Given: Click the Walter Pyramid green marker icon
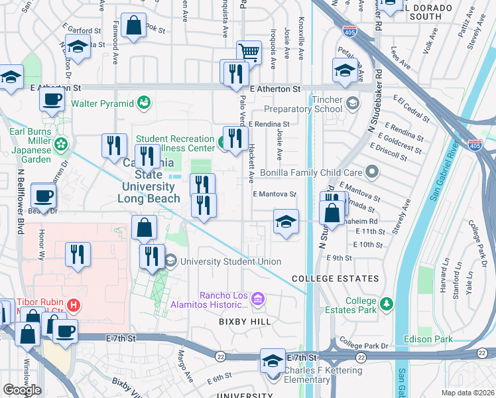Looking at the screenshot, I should [144, 103].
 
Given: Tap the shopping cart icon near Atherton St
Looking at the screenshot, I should [249, 51].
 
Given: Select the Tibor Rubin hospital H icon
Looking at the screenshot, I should [74, 306].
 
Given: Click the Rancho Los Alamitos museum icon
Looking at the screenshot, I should [257, 300].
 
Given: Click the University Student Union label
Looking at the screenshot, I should [231, 261].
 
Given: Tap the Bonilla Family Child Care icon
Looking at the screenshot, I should [372, 172].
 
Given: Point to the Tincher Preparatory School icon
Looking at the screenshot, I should [352, 101].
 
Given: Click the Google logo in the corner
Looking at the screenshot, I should [22, 389].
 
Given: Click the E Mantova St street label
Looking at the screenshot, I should [274, 194].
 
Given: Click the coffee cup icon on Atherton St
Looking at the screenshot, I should [52, 99].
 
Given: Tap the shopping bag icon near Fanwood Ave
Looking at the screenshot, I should [133, 27].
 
